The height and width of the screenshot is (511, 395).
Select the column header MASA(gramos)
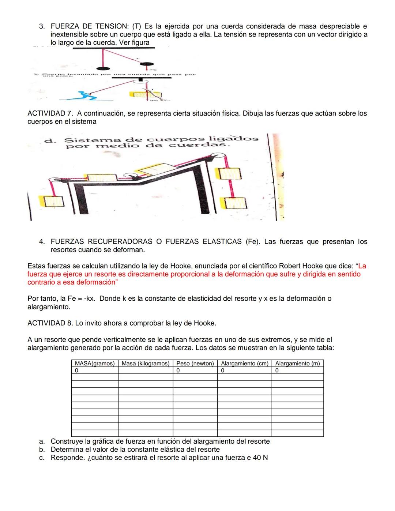[94, 364]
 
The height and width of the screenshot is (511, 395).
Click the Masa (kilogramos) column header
[145, 364]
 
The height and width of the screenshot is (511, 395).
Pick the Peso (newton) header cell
[195, 364]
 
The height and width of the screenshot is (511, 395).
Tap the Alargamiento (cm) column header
[244, 364]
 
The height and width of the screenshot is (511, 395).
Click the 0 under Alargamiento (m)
[277, 371]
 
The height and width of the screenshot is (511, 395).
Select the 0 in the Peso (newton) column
[178, 371]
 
